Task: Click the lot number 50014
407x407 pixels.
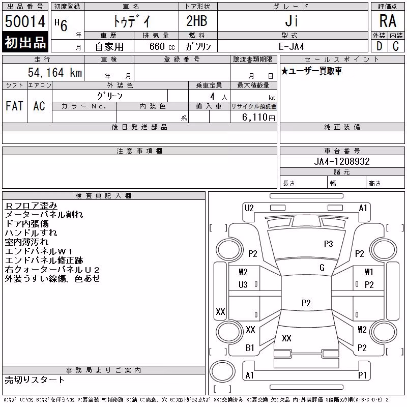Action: [25, 21]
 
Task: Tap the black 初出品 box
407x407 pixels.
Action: [25, 42]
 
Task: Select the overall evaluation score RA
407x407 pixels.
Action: [388, 21]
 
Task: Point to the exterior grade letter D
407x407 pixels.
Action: [379, 46]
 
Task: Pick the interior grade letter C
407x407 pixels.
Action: [396, 46]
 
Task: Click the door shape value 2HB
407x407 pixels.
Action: [197, 21]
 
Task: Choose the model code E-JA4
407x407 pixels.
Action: [291, 46]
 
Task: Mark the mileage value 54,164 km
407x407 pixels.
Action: [55, 72]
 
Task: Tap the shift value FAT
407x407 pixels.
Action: [14, 106]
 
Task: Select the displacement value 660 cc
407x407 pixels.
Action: [162, 46]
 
